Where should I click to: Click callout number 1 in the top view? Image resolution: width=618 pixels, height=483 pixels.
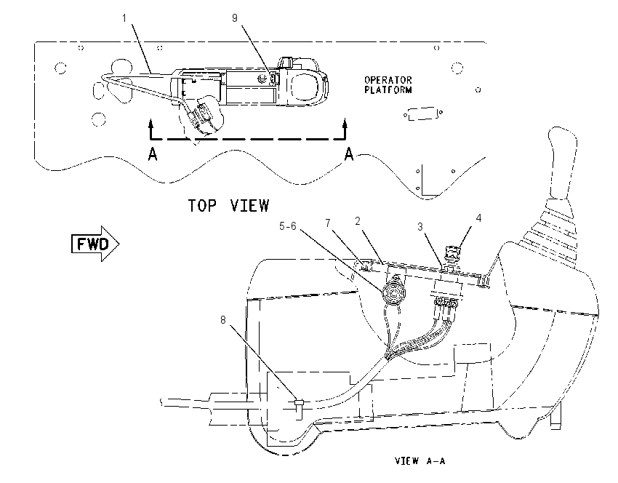[x=124, y=18]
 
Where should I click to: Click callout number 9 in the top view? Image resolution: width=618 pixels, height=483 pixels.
[x=235, y=18]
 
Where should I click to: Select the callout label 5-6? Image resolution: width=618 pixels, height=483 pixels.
[x=288, y=226]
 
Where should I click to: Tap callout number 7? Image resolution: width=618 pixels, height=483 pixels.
[x=328, y=223]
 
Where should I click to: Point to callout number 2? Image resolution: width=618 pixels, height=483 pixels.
[x=358, y=221]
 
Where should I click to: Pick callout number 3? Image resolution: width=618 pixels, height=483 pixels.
[x=420, y=227]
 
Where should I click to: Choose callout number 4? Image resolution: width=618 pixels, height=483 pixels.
[x=478, y=218]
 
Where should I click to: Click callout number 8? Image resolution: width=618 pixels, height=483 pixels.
[x=223, y=320]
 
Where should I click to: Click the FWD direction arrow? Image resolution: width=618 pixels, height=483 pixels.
[x=95, y=244]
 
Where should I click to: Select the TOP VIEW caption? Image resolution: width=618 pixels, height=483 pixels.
[x=228, y=206]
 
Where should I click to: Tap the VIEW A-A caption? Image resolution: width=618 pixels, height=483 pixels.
[x=420, y=460]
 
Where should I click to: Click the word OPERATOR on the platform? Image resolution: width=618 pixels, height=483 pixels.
[x=388, y=81]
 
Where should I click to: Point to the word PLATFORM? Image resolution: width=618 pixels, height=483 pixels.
[x=388, y=90]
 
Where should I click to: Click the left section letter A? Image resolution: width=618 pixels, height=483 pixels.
[x=153, y=153]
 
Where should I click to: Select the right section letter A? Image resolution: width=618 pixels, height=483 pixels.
[x=349, y=153]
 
